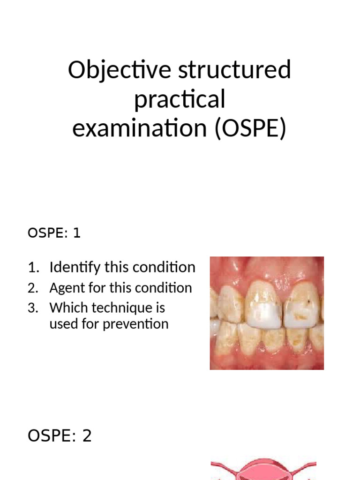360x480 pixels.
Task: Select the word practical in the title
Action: click(180, 100)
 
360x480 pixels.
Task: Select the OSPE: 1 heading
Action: click(54, 233)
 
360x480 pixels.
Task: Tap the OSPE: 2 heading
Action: click(60, 436)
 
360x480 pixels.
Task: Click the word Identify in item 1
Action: click(75, 268)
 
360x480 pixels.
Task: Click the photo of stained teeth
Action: click(266, 313)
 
